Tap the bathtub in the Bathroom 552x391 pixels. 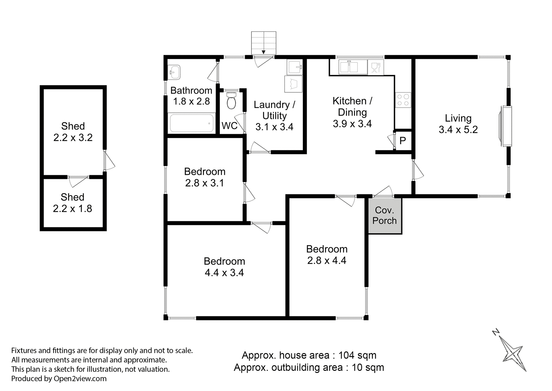(x=191, y=123)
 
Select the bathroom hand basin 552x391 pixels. (x=174, y=72)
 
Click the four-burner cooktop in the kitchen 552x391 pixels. (x=403, y=100)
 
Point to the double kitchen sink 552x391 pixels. (x=349, y=67)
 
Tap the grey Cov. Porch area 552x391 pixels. (x=385, y=215)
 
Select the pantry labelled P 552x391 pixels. (x=403, y=140)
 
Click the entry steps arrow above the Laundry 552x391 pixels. (x=263, y=52)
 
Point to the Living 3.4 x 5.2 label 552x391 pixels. (x=458, y=124)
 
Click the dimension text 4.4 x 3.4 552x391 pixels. (x=224, y=272)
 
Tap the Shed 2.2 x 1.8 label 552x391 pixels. (x=72, y=203)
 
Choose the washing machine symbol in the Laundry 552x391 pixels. (x=294, y=84)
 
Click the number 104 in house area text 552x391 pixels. (x=346, y=355)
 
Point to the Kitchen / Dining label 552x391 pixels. (x=352, y=106)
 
